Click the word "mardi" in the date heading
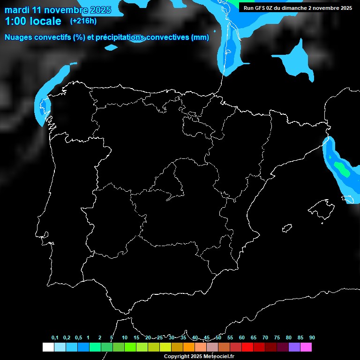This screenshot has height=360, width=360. click(x=18, y=10)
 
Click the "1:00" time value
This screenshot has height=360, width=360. click(x=16, y=21)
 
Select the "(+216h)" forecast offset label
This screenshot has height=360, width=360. click(x=83, y=21)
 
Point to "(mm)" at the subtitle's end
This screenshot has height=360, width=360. click(x=200, y=37)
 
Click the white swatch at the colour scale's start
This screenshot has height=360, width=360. click(x=48, y=347)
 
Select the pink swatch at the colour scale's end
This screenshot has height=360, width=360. click(x=306, y=347)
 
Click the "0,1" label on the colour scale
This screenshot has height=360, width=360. click(x=55, y=337)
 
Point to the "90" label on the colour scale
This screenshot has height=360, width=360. click(x=312, y=337)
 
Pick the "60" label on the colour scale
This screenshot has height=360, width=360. click(x=241, y=337)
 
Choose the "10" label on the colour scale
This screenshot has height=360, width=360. click(x=124, y=337)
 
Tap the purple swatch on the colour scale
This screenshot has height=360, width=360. click(x=294, y=347)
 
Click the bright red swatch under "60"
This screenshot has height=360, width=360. click(x=247, y=347)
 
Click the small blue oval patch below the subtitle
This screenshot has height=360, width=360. click(x=111, y=47)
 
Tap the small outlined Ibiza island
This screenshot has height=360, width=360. click(x=286, y=228)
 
